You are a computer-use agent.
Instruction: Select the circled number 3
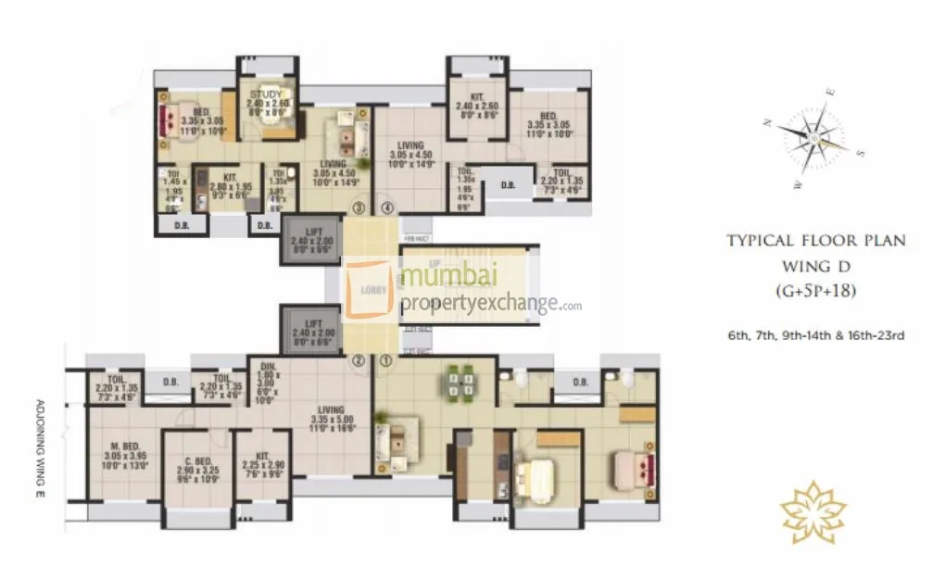[359, 208]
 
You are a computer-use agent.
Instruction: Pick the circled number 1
[386, 361]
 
